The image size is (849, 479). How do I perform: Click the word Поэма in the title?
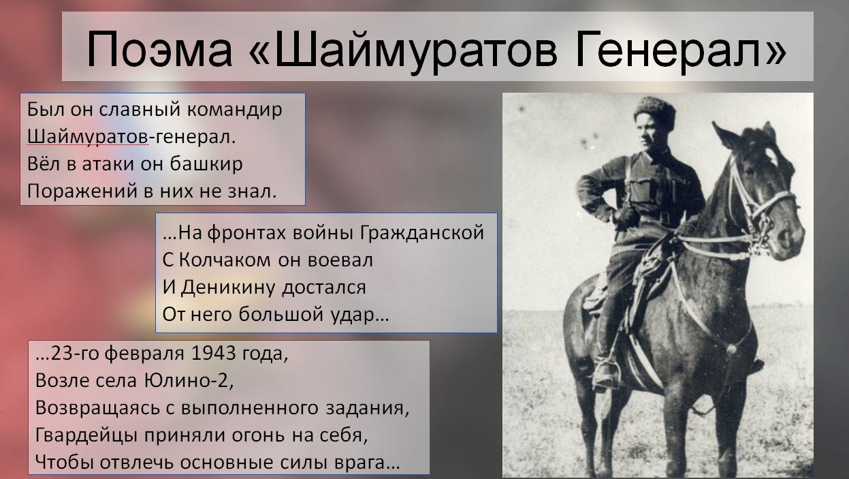(x=159, y=49)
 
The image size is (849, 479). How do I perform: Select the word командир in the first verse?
(x=235, y=110)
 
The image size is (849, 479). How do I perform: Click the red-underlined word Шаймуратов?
(x=87, y=137)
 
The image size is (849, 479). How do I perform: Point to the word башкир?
(x=206, y=164)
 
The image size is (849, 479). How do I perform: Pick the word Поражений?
(x=82, y=191)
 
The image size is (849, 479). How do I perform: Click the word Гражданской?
(x=422, y=233)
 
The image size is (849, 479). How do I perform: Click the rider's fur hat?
(x=654, y=108)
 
